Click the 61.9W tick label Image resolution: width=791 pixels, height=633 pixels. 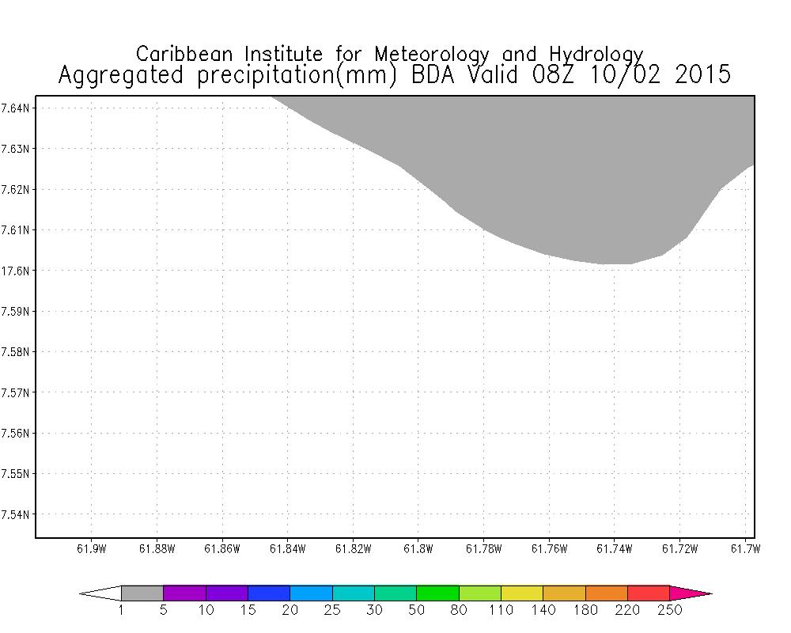click(91, 549)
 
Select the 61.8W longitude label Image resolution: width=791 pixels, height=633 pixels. click(417, 549)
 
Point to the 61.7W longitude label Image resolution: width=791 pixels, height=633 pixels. click(744, 549)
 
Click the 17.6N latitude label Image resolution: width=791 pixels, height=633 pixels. click(15, 271)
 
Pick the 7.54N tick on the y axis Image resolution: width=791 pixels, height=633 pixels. click(15, 515)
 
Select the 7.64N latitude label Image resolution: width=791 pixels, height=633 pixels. click(15, 108)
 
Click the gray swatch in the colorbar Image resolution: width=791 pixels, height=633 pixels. click(142, 593)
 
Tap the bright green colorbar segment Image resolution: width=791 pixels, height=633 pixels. click(437, 593)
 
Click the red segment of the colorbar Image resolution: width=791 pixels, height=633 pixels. click(649, 593)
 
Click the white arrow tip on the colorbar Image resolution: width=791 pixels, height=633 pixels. click(101, 593)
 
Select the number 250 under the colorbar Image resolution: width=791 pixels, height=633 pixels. click(669, 609)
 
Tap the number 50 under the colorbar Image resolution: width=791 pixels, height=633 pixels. click(416, 609)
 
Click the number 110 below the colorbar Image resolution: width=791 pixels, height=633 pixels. click(501, 609)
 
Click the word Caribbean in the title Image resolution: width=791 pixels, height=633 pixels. click(186, 55)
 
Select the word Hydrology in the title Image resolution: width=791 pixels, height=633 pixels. click(594, 55)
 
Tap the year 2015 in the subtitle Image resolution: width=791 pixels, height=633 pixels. click(698, 75)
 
